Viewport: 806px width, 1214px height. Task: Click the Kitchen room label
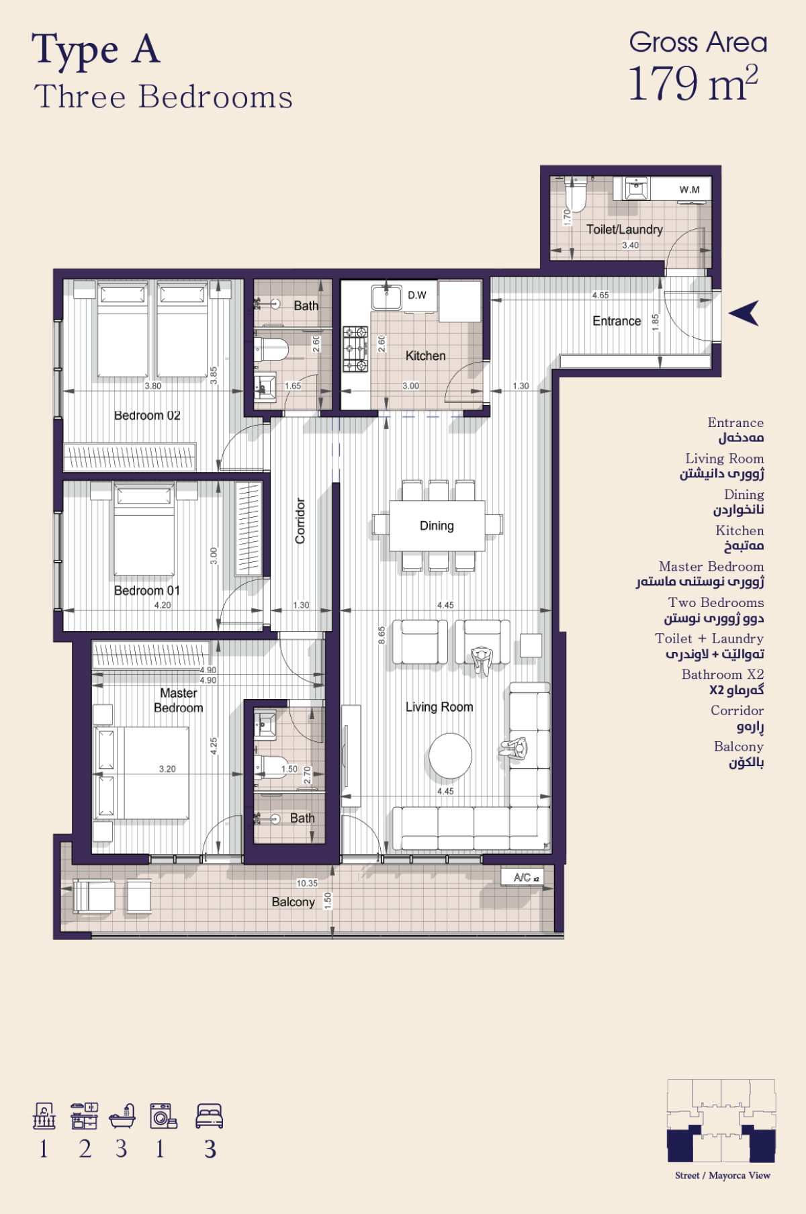[425, 356]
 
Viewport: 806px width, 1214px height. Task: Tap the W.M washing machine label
[689, 189]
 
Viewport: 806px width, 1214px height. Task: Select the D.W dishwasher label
[417, 295]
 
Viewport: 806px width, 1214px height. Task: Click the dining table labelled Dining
[437, 526]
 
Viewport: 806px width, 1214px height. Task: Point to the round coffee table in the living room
[451, 755]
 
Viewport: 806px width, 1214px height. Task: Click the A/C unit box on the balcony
[522, 877]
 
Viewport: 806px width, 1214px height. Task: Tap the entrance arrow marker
[744, 313]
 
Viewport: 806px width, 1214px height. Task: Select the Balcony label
[293, 902]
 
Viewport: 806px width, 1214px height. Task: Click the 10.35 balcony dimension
[307, 883]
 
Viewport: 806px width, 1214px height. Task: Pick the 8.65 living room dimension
[382, 635]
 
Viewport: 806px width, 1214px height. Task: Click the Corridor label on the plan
[300, 520]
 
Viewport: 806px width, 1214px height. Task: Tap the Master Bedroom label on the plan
[179, 700]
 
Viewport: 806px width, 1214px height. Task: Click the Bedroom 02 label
[147, 416]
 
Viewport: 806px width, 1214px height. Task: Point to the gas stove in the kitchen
[355, 349]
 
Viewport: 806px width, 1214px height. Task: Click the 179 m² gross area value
[693, 83]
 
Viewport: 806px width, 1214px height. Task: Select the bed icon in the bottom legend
[209, 1116]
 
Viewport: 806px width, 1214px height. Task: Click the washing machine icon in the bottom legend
[163, 1115]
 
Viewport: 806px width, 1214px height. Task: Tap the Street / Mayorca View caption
[723, 1175]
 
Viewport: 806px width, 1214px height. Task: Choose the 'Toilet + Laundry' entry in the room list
[709, 639]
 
